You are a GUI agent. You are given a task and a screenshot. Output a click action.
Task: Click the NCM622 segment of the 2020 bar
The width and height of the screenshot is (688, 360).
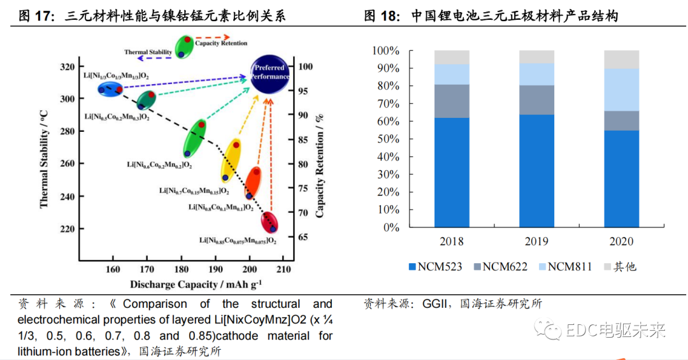point(621,121)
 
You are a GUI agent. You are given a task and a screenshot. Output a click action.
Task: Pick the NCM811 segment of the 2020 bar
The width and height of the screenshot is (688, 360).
point(621,90)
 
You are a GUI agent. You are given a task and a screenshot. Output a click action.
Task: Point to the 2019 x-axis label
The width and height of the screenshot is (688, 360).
point(536,242)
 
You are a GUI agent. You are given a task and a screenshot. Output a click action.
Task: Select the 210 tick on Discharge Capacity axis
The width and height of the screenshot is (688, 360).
point(285,269)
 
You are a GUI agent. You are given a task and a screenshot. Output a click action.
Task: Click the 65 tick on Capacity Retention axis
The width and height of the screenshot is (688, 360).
point(305,237)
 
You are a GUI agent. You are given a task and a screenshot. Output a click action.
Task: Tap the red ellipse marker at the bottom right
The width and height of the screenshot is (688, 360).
point(270,222)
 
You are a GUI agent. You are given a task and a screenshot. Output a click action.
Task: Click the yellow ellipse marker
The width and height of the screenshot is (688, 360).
point(230,161)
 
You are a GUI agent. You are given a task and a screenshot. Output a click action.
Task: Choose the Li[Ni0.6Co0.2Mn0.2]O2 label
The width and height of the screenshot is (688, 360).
point(160,166)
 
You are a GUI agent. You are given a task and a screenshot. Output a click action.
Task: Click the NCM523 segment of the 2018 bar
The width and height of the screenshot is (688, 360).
point(452,172)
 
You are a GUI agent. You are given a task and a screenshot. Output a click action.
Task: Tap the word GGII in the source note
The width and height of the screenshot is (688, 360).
point(436,304)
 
